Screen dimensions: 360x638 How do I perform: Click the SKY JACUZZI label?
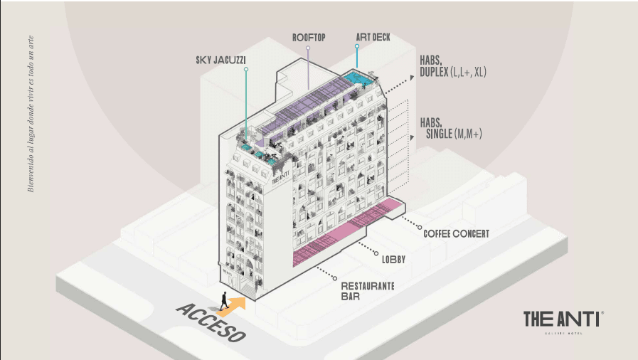tap(220, 60)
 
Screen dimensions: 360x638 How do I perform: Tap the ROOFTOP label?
tap(308, 37)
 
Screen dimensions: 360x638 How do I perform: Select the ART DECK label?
tap(373, 37)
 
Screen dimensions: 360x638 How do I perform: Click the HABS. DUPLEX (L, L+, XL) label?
tap(452, 66)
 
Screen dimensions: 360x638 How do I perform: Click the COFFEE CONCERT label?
tap(456, 233)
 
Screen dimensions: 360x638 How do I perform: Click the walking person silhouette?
tap(224, 301)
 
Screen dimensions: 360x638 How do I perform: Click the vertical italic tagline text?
tap(30, 114)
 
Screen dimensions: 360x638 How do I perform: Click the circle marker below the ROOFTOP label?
tap(308, 49)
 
